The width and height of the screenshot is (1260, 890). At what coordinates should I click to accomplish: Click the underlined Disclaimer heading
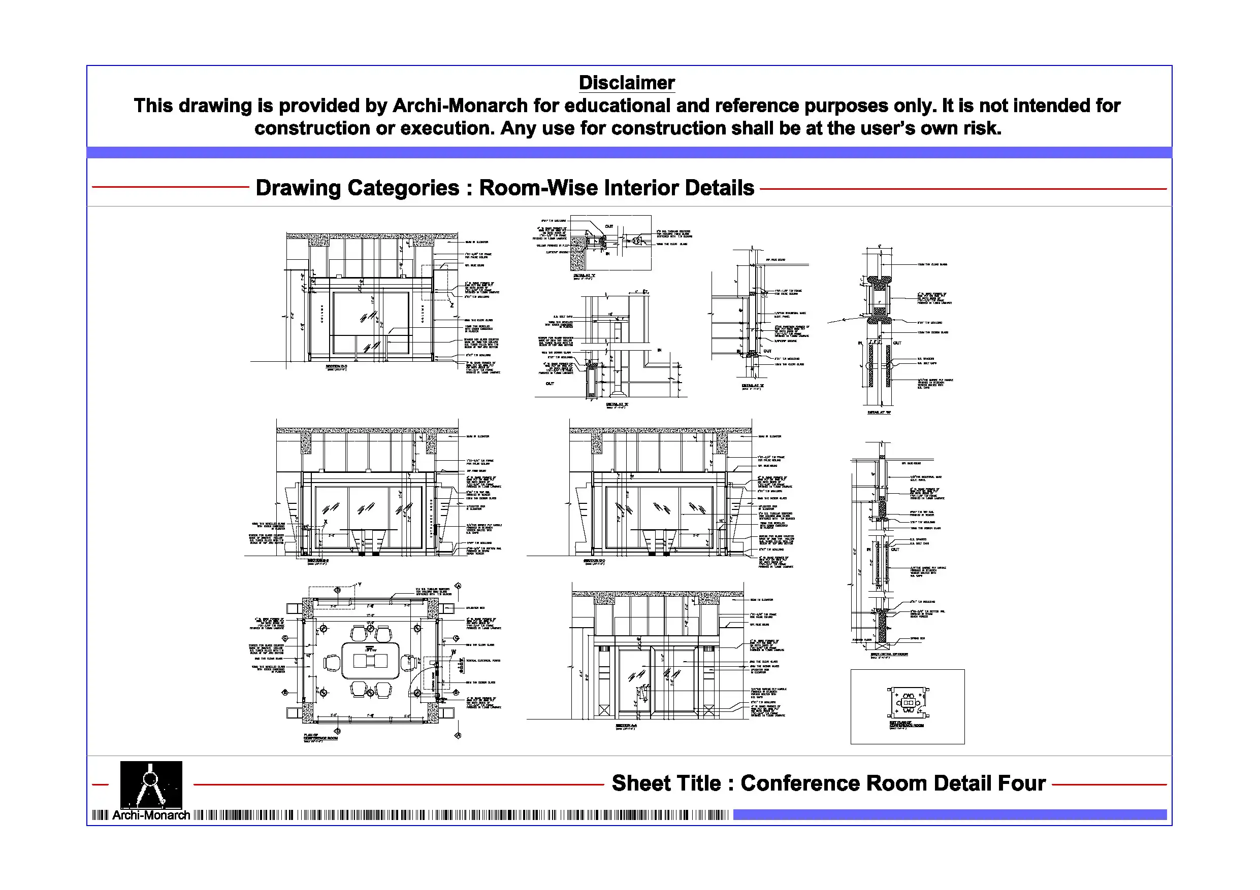pyautogui.click(x=626, y=83)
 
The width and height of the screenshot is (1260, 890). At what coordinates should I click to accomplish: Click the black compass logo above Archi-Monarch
pyautogui.click(x=151, y=784)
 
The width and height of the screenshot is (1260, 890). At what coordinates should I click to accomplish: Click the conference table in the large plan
pyautogui.click(x=370, y=661)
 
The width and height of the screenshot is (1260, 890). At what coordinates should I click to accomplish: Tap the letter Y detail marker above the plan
pyautogui.click(x=360, y=585)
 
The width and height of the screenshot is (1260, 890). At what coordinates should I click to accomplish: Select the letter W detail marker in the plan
pyautogui.click(x=454, y=652)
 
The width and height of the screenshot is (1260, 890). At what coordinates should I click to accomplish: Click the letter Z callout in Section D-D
pyautogui.click(x=451, y=305)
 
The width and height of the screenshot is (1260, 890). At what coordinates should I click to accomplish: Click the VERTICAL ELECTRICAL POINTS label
pyautogui.click(x=483, y=661)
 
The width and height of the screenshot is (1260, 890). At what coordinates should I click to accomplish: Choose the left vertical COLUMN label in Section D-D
pyautogui.click(x=322, y=313)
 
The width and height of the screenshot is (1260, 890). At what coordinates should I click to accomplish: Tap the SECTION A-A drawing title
pyautogui.click(x=626, y=726)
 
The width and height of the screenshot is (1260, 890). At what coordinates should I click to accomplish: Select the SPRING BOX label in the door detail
pyautogui.click(x=918, y=638)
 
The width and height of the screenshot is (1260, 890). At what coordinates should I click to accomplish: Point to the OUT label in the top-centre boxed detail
pyautogui.click(x=609, y=226)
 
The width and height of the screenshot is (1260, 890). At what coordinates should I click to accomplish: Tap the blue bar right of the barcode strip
pyautogui.click(x=949, y=815)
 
